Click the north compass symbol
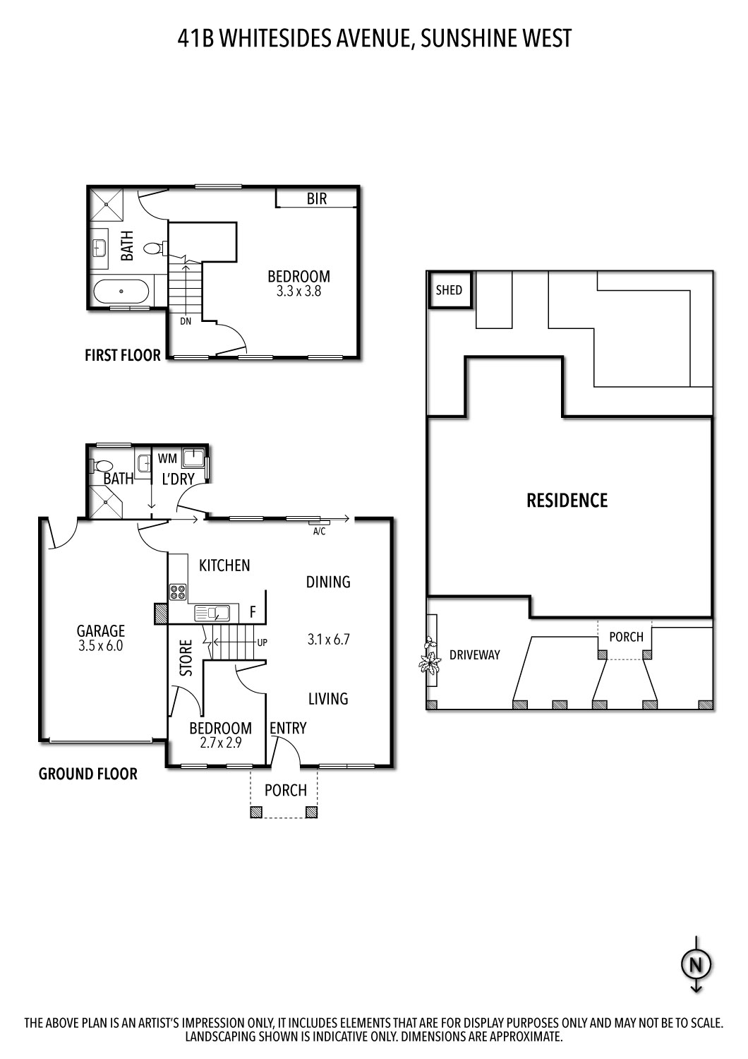pos(696,964)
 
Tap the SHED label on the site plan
pos(449,290)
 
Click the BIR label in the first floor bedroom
pos(317,199)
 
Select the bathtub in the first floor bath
pos(121,291)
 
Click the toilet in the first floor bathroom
pos(153,249)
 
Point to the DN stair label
pos(186,321)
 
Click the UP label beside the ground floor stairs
pos(263,642)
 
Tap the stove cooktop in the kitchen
pos(177,591)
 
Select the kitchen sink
pos(212,612)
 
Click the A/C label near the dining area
pos(319,531)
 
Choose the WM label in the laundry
pos(167,459)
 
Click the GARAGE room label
pos(101,630)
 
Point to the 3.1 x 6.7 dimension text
pos(328,640)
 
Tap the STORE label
pos(186,658)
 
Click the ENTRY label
pos(288,728)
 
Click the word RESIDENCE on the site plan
pos(567,501)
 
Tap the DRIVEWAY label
pos(474,655)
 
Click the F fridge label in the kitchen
pos(253,611)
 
